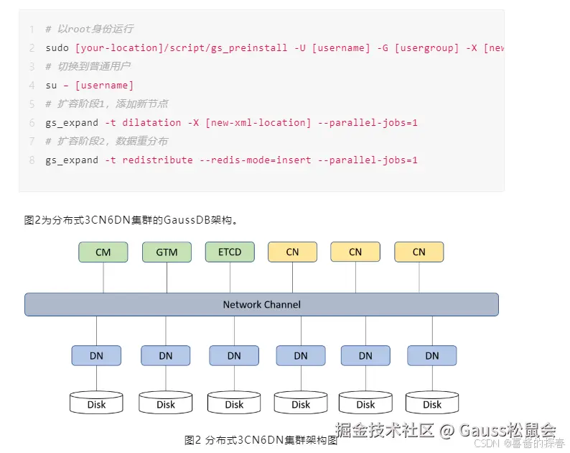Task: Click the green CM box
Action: [103, 252]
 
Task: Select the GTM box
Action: [166, 252]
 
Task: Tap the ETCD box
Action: [230, 252]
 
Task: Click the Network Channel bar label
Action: [261, 304]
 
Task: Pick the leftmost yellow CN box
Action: [292, 252]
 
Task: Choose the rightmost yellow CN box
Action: [419, 252]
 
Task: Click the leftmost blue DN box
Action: [96, 355]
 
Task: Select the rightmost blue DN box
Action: [431, 355]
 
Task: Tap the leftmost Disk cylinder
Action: [96, 403]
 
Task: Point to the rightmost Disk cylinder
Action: [432, 403]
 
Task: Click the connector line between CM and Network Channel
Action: [103, 278]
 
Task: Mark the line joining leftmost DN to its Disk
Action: [96, 378]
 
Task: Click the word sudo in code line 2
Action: [57, 47]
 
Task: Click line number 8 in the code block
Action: [32, 160]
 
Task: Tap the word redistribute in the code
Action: [157, 160]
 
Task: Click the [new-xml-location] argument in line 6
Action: [258, 122]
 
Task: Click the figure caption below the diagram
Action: [261, 439]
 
